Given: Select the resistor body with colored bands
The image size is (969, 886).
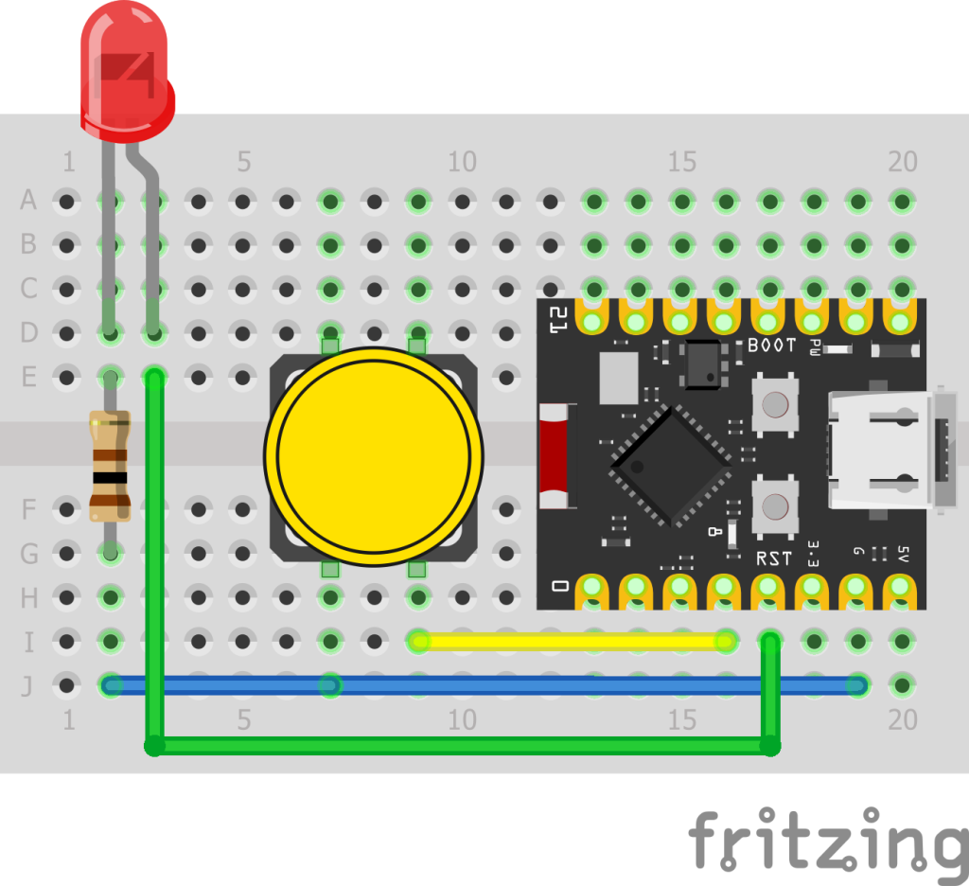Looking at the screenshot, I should coord(110,466).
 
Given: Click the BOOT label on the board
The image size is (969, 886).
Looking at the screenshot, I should coord(771,346).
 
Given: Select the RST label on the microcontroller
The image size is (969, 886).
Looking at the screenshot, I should coord(773,558).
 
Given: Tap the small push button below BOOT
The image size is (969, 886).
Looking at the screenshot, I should coord(773,405).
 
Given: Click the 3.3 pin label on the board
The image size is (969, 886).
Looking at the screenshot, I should coord(813,552).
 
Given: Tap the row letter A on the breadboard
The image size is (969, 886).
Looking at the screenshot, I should coord(28,201).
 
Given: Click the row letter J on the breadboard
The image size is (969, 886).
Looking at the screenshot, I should coord(28,685).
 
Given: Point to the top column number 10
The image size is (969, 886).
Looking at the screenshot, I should coord(461,162).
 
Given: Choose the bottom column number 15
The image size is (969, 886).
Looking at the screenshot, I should coord(681,720).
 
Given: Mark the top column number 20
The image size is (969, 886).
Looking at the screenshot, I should coord(902,162).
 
